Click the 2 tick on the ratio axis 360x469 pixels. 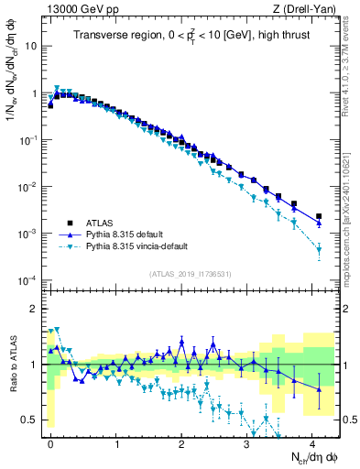coord(35,309)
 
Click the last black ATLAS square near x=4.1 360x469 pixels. coord(319,216)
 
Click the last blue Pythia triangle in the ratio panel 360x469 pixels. coord(319,389)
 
